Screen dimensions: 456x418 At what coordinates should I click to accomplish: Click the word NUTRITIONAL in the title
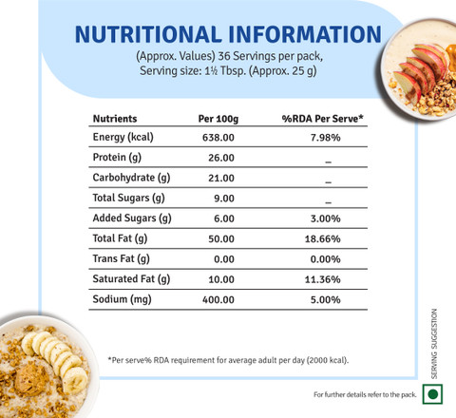pyautogui.click(x=148, y=34)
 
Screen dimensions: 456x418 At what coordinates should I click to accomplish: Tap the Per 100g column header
pyautogui.click(x=218, y=119)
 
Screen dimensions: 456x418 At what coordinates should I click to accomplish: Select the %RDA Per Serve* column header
pyautogui.click(x=322, y=119)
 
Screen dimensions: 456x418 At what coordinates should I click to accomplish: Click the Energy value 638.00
pyautogui.click(x=218, y=138)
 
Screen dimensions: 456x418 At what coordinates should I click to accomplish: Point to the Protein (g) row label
pyautogui.click(x=117, y=158)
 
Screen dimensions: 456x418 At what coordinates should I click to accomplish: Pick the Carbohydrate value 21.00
pyautogui.click(x=221, y=178)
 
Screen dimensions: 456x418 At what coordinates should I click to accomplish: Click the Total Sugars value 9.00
pyautogui.click(x=224, y=199)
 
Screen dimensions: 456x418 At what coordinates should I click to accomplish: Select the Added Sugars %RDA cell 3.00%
pyautogui.click(x=325, y=218)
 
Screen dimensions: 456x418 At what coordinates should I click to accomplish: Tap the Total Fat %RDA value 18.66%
pyautogui.click(x=322, y=238)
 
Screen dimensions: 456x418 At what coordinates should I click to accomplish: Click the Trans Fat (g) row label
pyautogui.click(x=121, y=258)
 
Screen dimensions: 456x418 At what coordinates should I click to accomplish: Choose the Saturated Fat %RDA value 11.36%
pyautogui.click(x=322, y=279)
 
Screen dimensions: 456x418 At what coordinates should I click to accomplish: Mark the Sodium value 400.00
pyautogui.click(x=218, y=299)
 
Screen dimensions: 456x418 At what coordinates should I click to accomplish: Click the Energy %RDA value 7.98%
pyautogui.click(x=325, y=138)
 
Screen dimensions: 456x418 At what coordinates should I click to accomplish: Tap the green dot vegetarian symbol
pyautogui.click(x=432, y=394)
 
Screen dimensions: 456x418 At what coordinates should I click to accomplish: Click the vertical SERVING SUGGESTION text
pyautogui.click(x=434, y=344)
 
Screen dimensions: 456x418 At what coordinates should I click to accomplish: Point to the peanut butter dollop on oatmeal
pyautogui.click(x=31, y=379)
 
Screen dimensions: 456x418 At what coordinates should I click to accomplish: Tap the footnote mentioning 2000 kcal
pyautogui.click(x=228, y=360)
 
